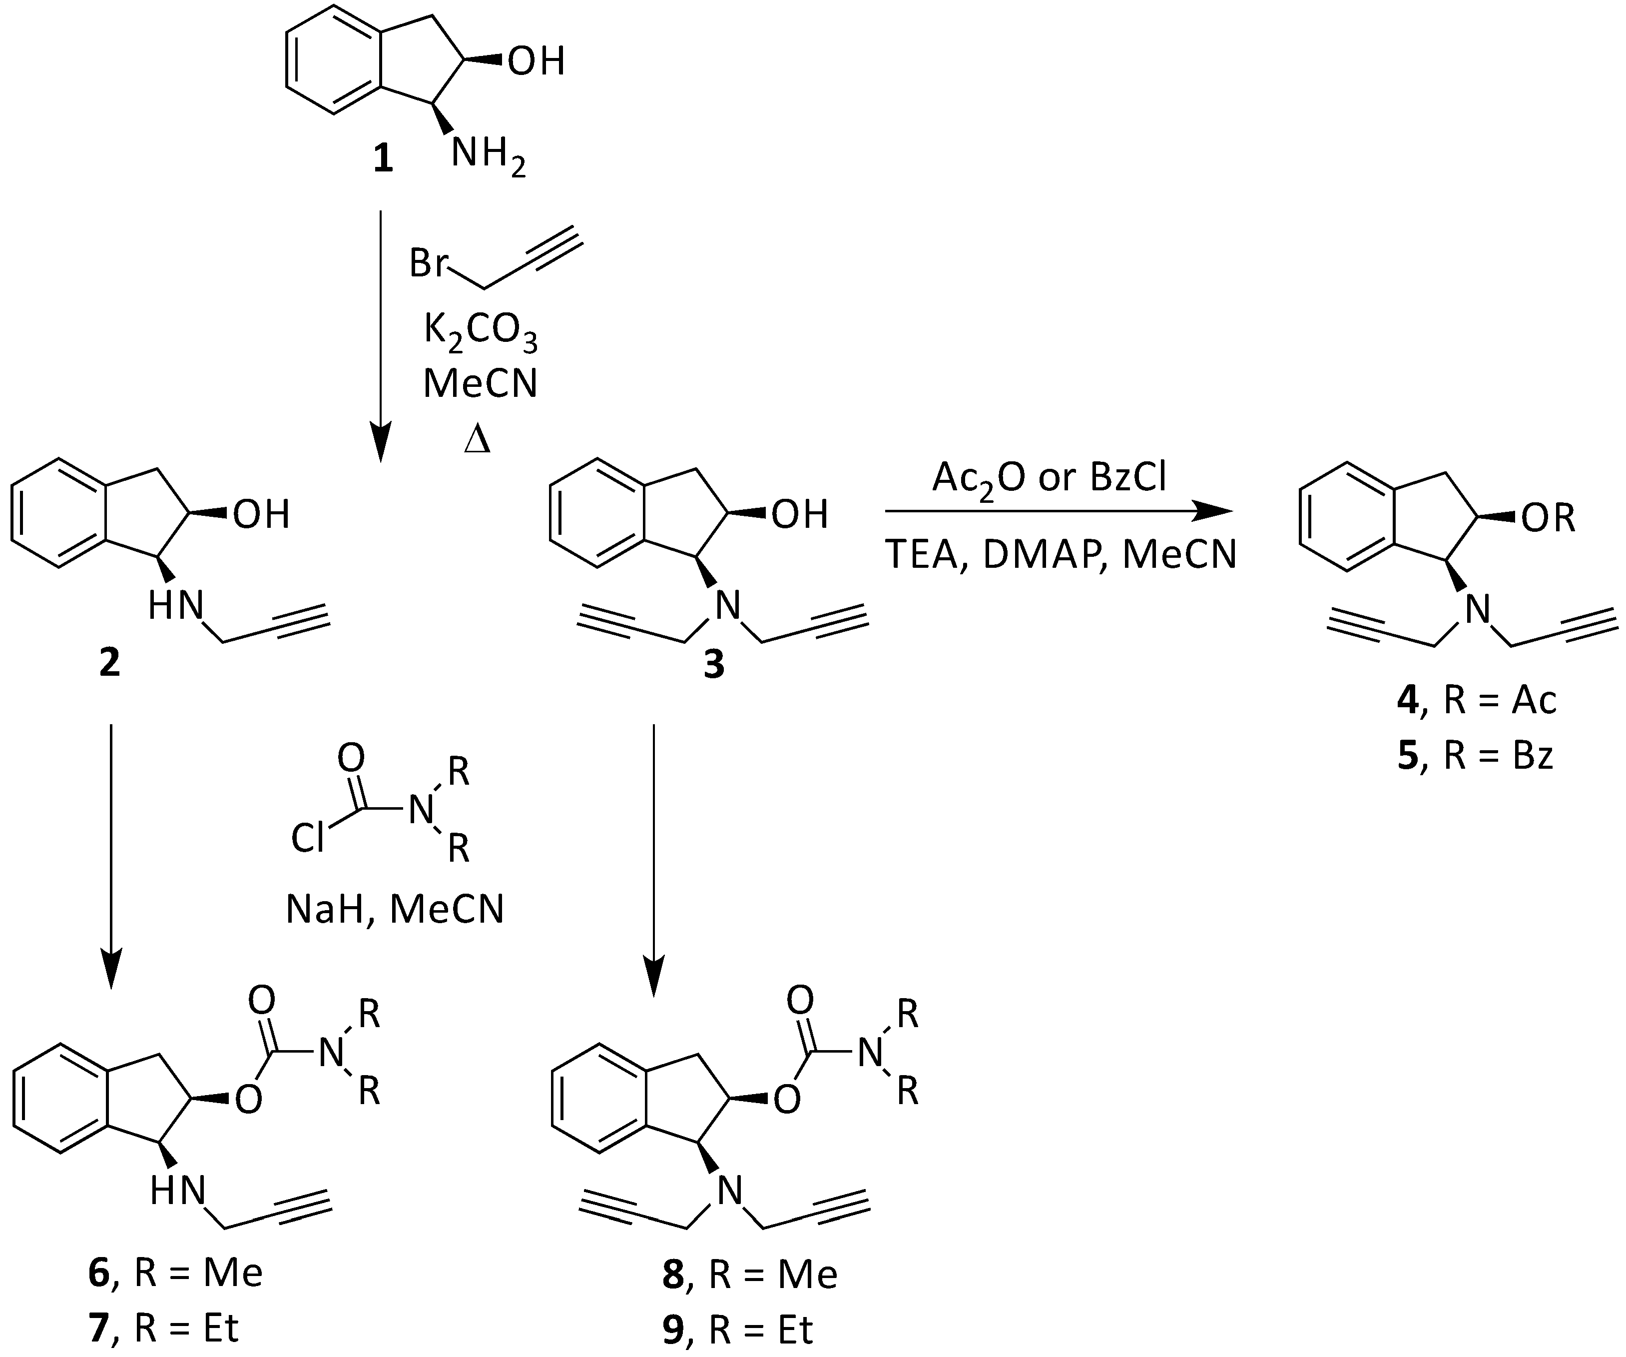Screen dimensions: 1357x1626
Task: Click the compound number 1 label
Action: click(x=383, y=160)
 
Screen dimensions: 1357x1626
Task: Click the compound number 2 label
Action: click(x=109, y=662)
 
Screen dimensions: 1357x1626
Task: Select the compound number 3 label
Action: click(x=713, y=664)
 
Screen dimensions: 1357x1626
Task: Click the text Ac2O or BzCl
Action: click(x=1049, y=478)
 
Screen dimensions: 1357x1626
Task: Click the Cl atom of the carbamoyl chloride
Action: click(x=308, y=838)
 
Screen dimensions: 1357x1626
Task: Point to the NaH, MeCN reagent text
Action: click(x=395, y=909)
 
